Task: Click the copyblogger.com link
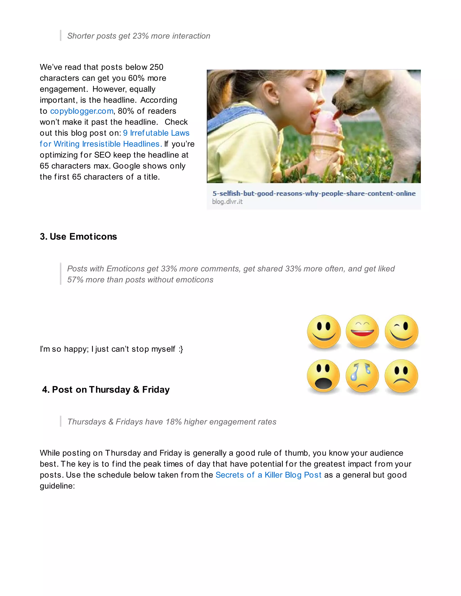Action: pyautogui.click(x=82, y=111)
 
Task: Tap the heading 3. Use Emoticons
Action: pyautogui.click(x=78, y=237)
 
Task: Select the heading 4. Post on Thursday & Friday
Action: pyautogui.click(x=106, y=390)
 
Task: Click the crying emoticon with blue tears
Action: pyautogui.click(x=362, y=376)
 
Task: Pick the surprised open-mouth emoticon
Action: pyautogui.click(x=324, y=376)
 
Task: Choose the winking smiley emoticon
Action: pyautogui.click(x=401, y=332)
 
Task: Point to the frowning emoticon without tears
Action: pyautogui.click(x=401, y=376)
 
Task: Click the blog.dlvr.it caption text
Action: pyautogui.click(x=227, y=202)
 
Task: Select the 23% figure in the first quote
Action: pyautogui.click(x=140, y=36)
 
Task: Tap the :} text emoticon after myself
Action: pyautogui.click(x=181, y=349)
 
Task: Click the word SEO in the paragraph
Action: pyautogui.click(x=102, y=155)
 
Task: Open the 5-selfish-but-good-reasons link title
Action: pyautogui.click(x=314, y=193)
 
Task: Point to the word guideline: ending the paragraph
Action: pyautogui.click(x=57, y=486)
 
